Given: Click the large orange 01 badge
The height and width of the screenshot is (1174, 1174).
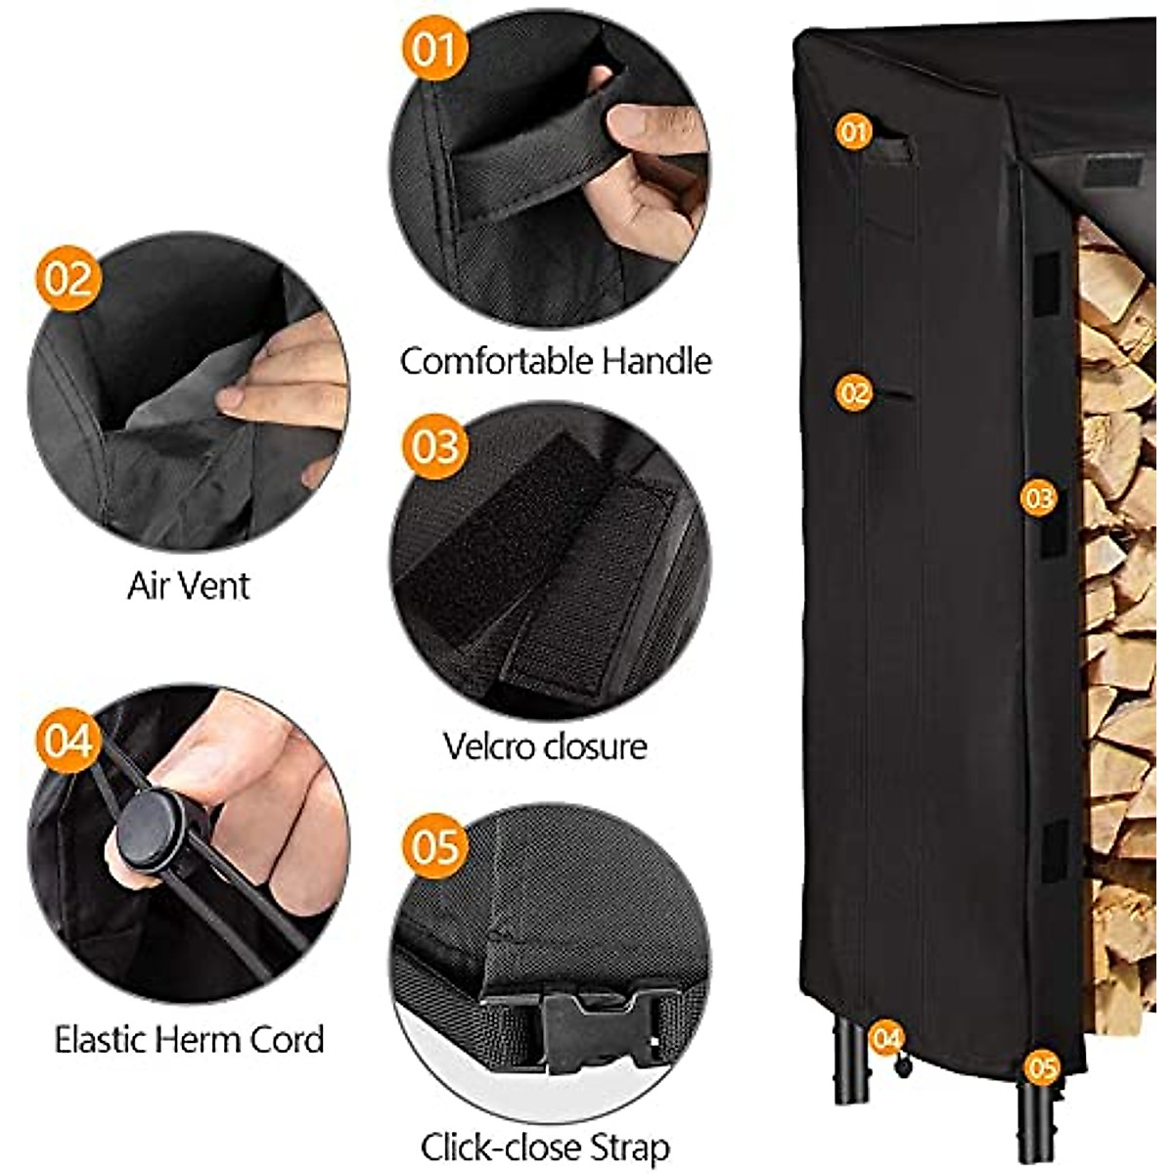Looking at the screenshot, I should click(x=434, y=48).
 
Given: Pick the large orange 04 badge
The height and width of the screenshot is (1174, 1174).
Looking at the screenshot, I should click(x=68, y=740).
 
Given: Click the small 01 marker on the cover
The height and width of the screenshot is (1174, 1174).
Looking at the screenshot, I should click(x=853, y=130).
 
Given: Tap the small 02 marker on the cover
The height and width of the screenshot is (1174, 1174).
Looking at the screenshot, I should click(x=853, y=392).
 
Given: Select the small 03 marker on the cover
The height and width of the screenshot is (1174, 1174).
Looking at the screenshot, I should click(x=1038, y=498).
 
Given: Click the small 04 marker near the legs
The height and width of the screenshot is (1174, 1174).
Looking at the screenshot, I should click(x=886, y=1038).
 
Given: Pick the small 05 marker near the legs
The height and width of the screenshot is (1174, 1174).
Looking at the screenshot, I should click(x=1042, y=1067).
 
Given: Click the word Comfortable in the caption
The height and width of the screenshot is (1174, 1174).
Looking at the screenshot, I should click(x=497, y=362).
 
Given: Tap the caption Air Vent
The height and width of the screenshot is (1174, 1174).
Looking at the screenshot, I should click(x=188, y=586).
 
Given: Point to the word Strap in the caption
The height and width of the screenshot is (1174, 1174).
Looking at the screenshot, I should click(x=632, y=1147).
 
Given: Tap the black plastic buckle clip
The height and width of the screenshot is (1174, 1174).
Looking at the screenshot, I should click(x=587, y=1027).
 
